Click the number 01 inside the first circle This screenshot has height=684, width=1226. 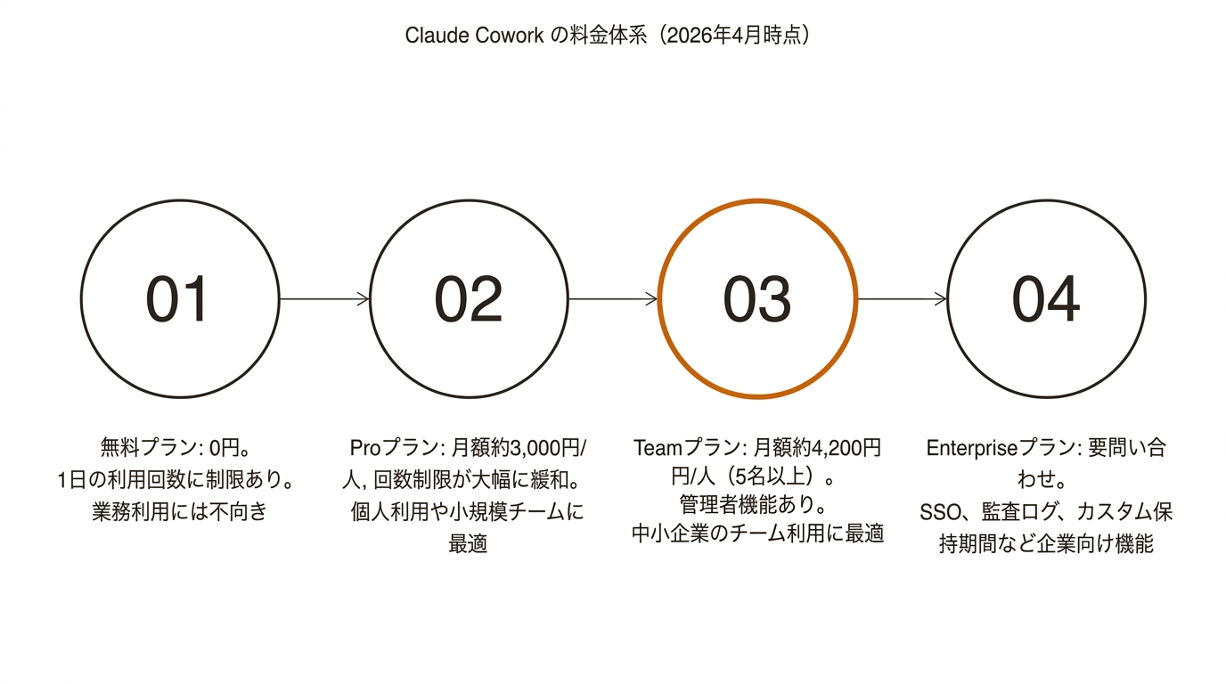pyautogui.click(x=177, y=299)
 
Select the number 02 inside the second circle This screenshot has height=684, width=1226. pyautogui.click(x=468, y=299)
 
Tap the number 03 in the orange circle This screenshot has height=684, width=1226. pyautogui.click(x=756, y=299)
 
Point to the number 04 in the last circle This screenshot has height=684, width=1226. pyautogui.click(x=1045, y=299)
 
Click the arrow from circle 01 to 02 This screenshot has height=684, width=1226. pyautogui.click(x=324, y=299)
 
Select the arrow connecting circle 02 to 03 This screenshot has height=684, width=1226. pyautogui.click(x=613, y=299)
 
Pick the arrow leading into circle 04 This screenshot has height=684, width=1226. pyautogui.click(x=902, y=299)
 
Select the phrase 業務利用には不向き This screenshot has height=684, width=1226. pyautogui.click(x=179, y=512)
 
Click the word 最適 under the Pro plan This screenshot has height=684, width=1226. pyautogui.click(x=468, y=544)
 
